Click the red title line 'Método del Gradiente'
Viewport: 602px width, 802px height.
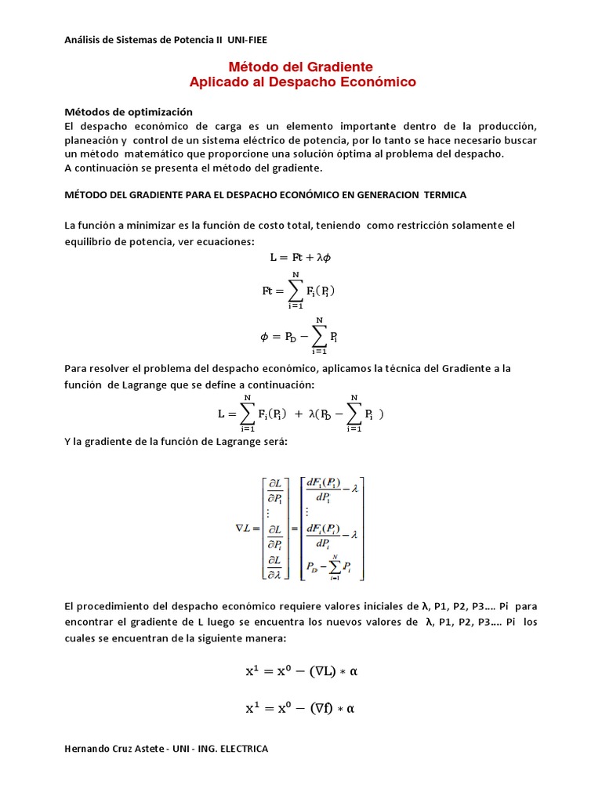(x=300, y=67)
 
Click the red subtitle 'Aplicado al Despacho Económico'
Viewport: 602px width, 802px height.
(x=303, y=81)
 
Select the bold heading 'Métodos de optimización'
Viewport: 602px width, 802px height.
(x=128, y=112)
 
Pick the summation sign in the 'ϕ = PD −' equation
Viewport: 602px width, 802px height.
(x=319, y=336)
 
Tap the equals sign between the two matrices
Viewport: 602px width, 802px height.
(x=296, y=529)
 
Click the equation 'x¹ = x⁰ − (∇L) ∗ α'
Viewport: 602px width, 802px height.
(x=301, y=671)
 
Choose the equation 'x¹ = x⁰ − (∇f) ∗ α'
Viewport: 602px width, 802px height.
(x=300, y=708)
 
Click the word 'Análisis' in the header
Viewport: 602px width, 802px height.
(x=82, y=40)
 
